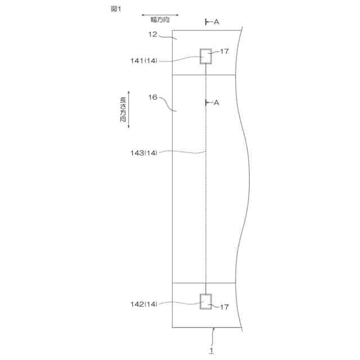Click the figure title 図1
[116, 9]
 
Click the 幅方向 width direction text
[160, 20]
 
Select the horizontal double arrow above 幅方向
[160, 15]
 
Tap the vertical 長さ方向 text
[123, 110]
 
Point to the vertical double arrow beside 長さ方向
[129, 110]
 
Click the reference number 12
[152, 34]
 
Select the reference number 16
[152, 97]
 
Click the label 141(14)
[144, 61]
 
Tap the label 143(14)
[144, 152]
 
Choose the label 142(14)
[144, 304]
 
